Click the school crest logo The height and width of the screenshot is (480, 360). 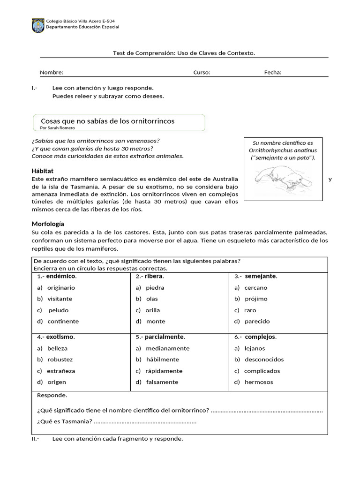(37, 25)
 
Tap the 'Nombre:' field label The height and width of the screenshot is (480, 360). (52, 73)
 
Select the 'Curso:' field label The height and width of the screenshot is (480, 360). (202, 73)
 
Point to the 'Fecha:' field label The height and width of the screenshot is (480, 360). (273, 73)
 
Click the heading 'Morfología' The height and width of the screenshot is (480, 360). (48, 224)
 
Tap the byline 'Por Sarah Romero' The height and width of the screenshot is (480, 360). (58, 127)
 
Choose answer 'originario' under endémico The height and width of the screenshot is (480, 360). (61, 288)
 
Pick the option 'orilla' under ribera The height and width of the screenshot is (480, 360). (153, 310)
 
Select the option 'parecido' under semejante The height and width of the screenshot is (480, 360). (257, 322)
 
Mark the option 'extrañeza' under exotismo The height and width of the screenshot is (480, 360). (61, 371)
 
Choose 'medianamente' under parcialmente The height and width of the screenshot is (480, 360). (167, 349)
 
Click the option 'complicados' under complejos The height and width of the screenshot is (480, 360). (262, 371)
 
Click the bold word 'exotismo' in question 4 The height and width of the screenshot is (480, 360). (60, 337)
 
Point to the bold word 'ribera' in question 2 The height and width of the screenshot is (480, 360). (155, 277)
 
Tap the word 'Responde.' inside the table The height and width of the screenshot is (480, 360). (52, 395)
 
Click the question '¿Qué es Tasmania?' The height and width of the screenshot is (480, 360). (64, 421)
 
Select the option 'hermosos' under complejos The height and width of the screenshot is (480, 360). (258, 382)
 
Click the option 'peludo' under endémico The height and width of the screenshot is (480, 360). (59, 310)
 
